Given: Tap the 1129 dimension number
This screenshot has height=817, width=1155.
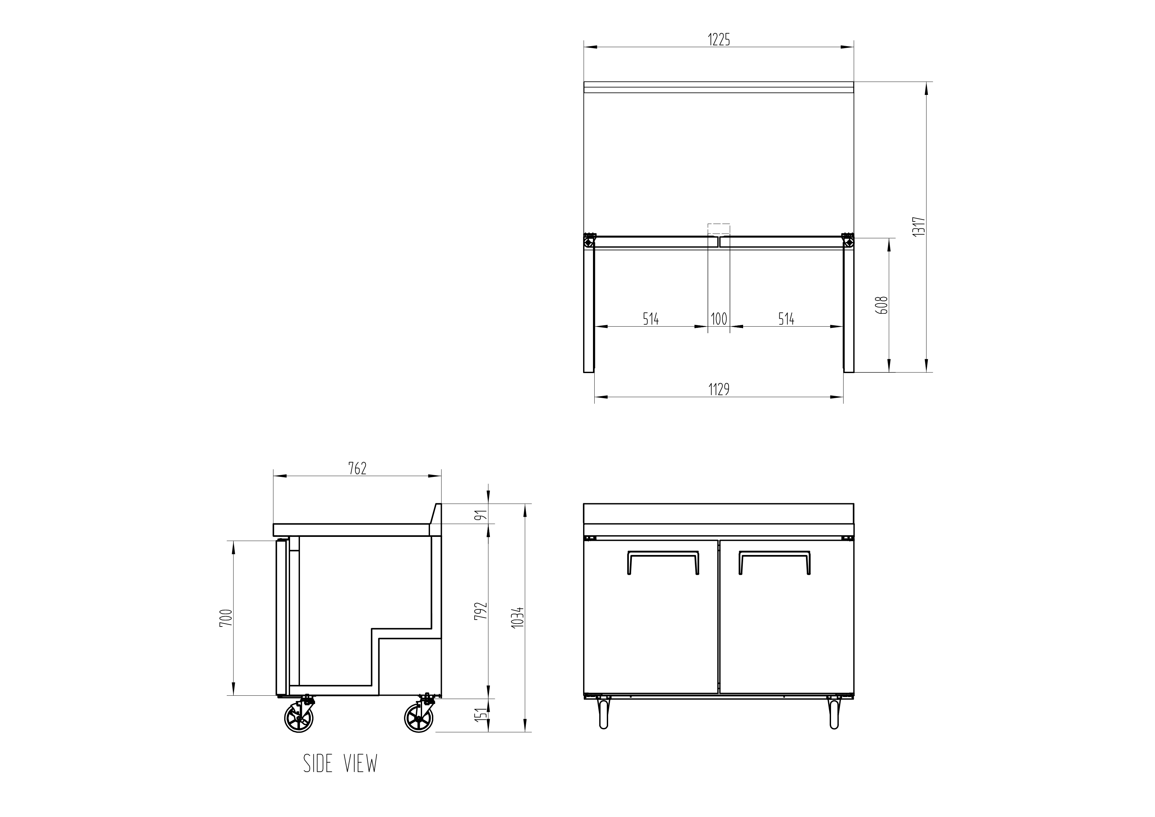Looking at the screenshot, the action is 719,389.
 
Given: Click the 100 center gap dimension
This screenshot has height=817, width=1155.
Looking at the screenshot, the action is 719,319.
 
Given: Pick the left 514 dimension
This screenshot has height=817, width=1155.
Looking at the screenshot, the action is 651,319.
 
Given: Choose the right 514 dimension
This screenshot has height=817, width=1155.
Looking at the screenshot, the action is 786,319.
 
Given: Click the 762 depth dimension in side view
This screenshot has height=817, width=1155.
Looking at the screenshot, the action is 357,468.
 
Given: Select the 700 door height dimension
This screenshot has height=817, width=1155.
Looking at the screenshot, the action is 227,618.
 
